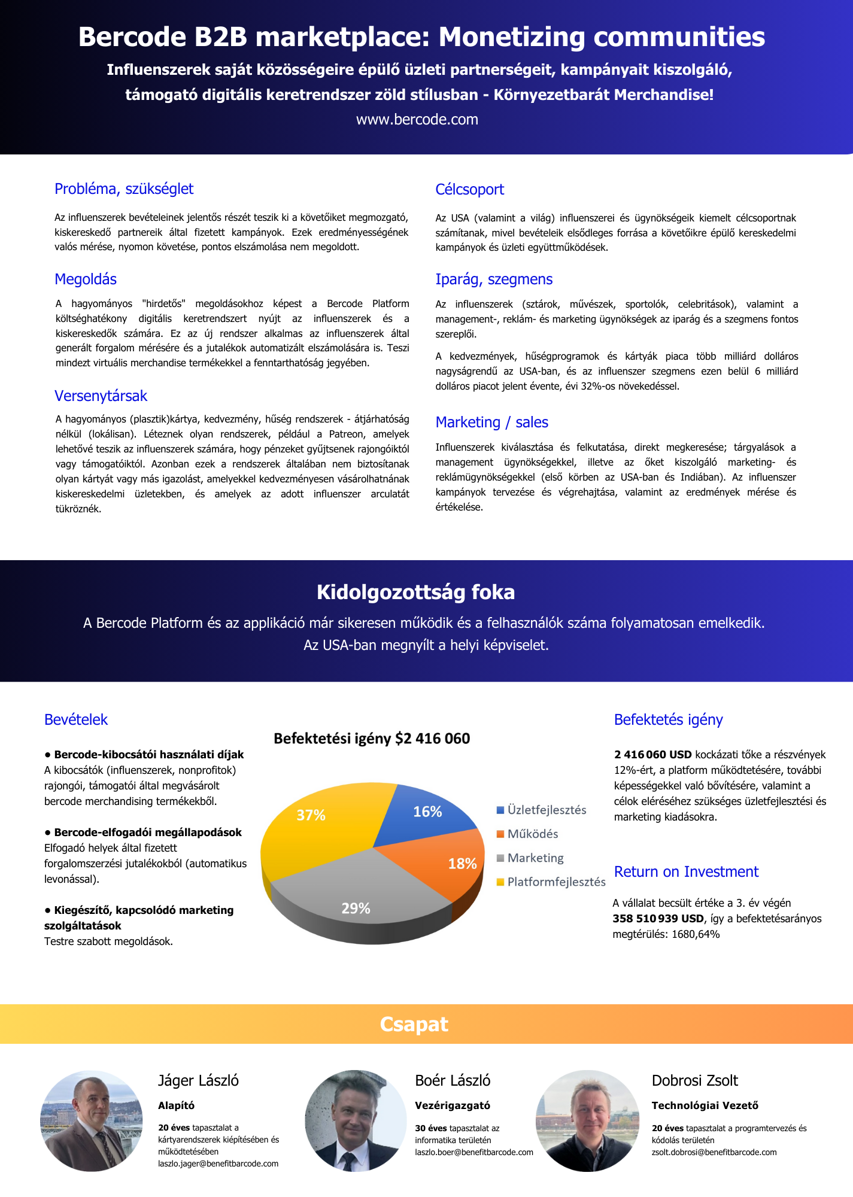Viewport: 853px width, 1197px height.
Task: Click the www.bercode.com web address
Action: [x=417, y=120]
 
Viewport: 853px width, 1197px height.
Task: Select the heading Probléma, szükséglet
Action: [x=124, y=189]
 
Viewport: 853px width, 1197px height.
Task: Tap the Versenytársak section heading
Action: [x=101, y=396]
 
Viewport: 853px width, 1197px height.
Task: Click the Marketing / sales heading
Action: [x=491, y=423]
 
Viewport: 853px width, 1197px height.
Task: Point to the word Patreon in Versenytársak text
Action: [x=346, y=435]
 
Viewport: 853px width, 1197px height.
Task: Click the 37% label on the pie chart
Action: [x=311, y=815]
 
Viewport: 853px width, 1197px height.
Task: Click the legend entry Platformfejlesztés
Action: [x=556, y=882]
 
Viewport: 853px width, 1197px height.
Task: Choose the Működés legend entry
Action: [x=532, y=834]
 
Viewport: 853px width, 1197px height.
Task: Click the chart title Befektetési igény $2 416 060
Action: [x=372, y=739]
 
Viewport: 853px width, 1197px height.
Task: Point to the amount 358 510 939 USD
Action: [x=658, y=919]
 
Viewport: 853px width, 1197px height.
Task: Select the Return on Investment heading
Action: [x=686, y=872]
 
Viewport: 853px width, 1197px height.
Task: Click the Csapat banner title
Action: [x=414, y=1025]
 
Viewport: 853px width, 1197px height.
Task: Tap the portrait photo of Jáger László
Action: [x=92, y=1120]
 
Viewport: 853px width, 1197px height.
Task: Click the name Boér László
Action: [x=453, y=1081]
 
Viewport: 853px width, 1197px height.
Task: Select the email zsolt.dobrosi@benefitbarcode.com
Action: [x=714, y=1152]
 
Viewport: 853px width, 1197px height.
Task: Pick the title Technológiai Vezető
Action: [x=705, y=1105]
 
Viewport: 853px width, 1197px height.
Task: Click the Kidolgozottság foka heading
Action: [x=415, y=593]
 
